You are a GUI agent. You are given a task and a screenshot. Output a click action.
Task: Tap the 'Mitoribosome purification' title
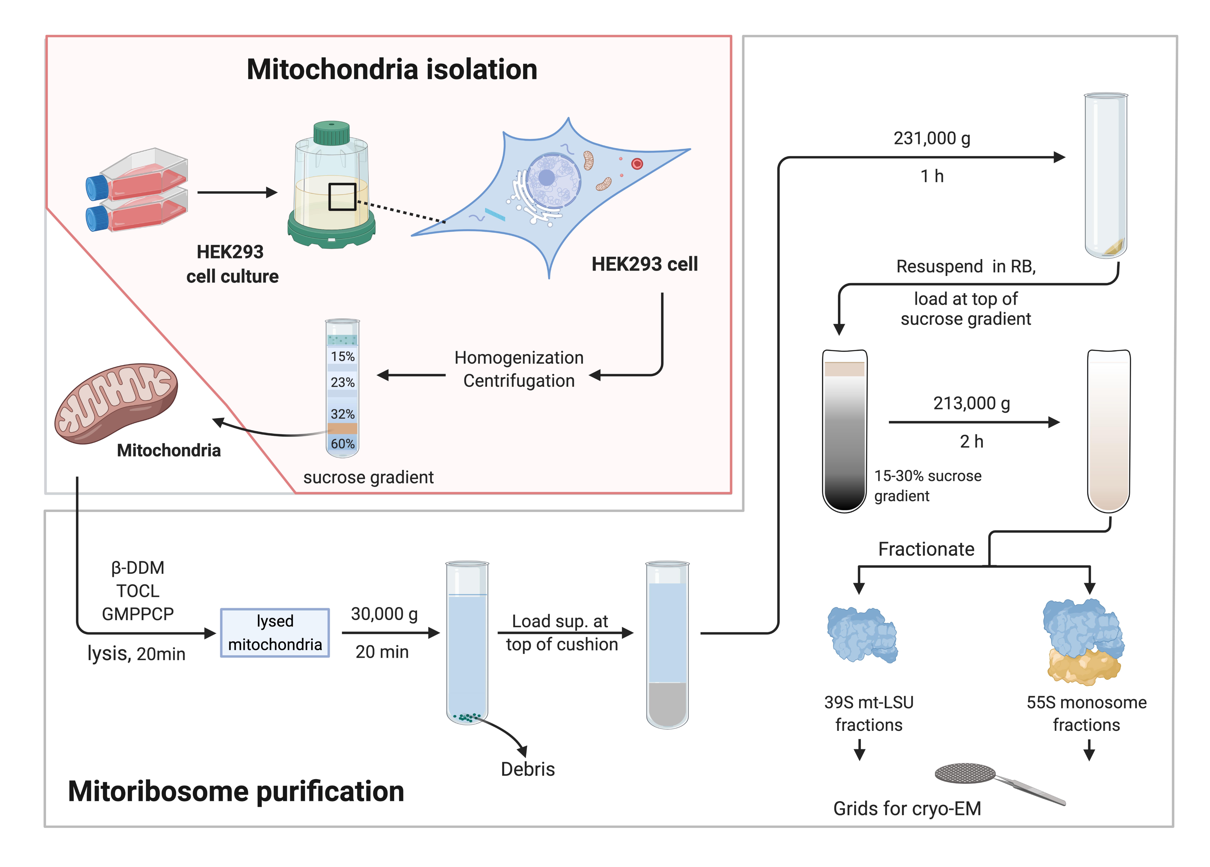pyautogui.click(x=236, y=791)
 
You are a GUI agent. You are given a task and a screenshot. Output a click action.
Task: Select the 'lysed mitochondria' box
pyautogui.click(x=275, y=633)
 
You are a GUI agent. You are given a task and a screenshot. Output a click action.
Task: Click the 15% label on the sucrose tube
pyautogui.click(x=343, y=356)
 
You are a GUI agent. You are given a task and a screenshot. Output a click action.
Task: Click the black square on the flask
pyautogui.click(x=342, y=197)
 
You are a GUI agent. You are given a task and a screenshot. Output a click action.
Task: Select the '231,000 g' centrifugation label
pyautogui.click(x=932, y=138)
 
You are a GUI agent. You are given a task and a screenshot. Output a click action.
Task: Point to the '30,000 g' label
pyautogui.click(x=384, y=614)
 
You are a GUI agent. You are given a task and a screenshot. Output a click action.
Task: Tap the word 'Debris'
pyautogui.click(x=528, y=769)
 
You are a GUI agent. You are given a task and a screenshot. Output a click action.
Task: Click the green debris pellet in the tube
pyautogui.click(x=467, y=717)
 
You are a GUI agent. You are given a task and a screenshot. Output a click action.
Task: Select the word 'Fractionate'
pyautogui.click(x=926, y=549)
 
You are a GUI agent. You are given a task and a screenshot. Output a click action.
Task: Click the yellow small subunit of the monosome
pyautogui.click(x=1083, y=666)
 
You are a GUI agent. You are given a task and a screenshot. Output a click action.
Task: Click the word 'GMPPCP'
pyautogui.click(x=138, y=614)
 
